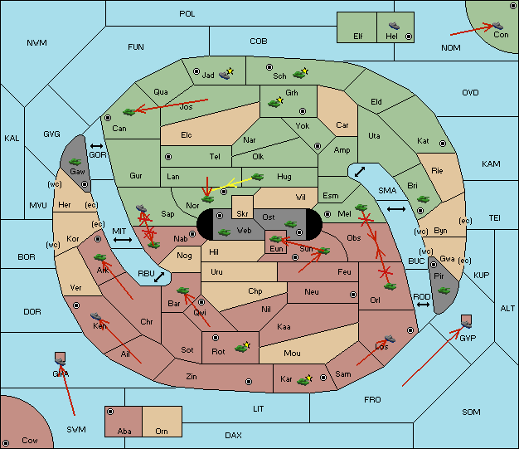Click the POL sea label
pyautogui.click(x=187, y=14)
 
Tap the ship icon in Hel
pyautogui.click(x=394, y=26)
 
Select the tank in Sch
pyautogui.click(x=299, y=75)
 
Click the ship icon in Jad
pyautogui.click(x=225, y=75)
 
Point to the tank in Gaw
pyautogui.click(x=75, y=162)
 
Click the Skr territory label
pyautogui.click(x=242, y=214)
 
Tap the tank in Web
pyautogui.click(x=224, y=232)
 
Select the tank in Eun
pyautogui.click(x=276, y=238)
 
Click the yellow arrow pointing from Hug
pyautogui.click(x=232, y=184)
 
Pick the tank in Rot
pyautogui.click(x=241, y=348)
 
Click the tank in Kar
pyautogui.click(x=303, y=381)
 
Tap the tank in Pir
pyautogui.click(x=444, y=290)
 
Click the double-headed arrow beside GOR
pyautogui.click(x=96, y=146)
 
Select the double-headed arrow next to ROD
pyautogui.click(x=423, y=305)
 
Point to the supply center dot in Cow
pyautogui.click(x=6, y=443)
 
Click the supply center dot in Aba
pyautogui.click(x=110, y=412)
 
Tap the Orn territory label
pyautogui.click(x=162, y=431)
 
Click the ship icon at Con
pyautogui.click(x=497, y=26)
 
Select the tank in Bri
pyautogui.click(x=423, y=199)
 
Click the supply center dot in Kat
pyautogui.click(x=443, y=144)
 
